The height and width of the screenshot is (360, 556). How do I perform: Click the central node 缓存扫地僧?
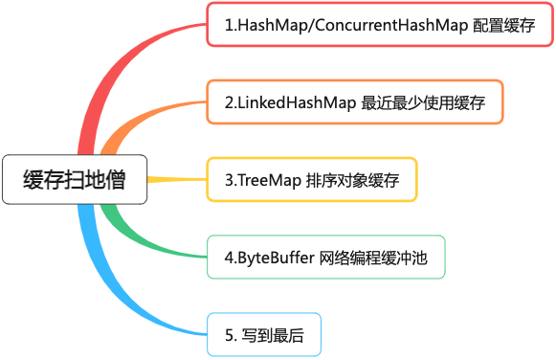[x=75, y=179]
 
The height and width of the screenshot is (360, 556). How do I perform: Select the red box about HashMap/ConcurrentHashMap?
[x=379, y=26]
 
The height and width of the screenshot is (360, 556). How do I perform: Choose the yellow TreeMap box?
[x=311, y=179]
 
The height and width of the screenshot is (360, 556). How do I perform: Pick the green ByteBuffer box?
[x=326, y=257]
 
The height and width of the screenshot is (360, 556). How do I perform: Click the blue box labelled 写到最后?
[x=263, y=334]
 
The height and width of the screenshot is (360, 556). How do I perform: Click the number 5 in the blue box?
[x=229, y=334]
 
